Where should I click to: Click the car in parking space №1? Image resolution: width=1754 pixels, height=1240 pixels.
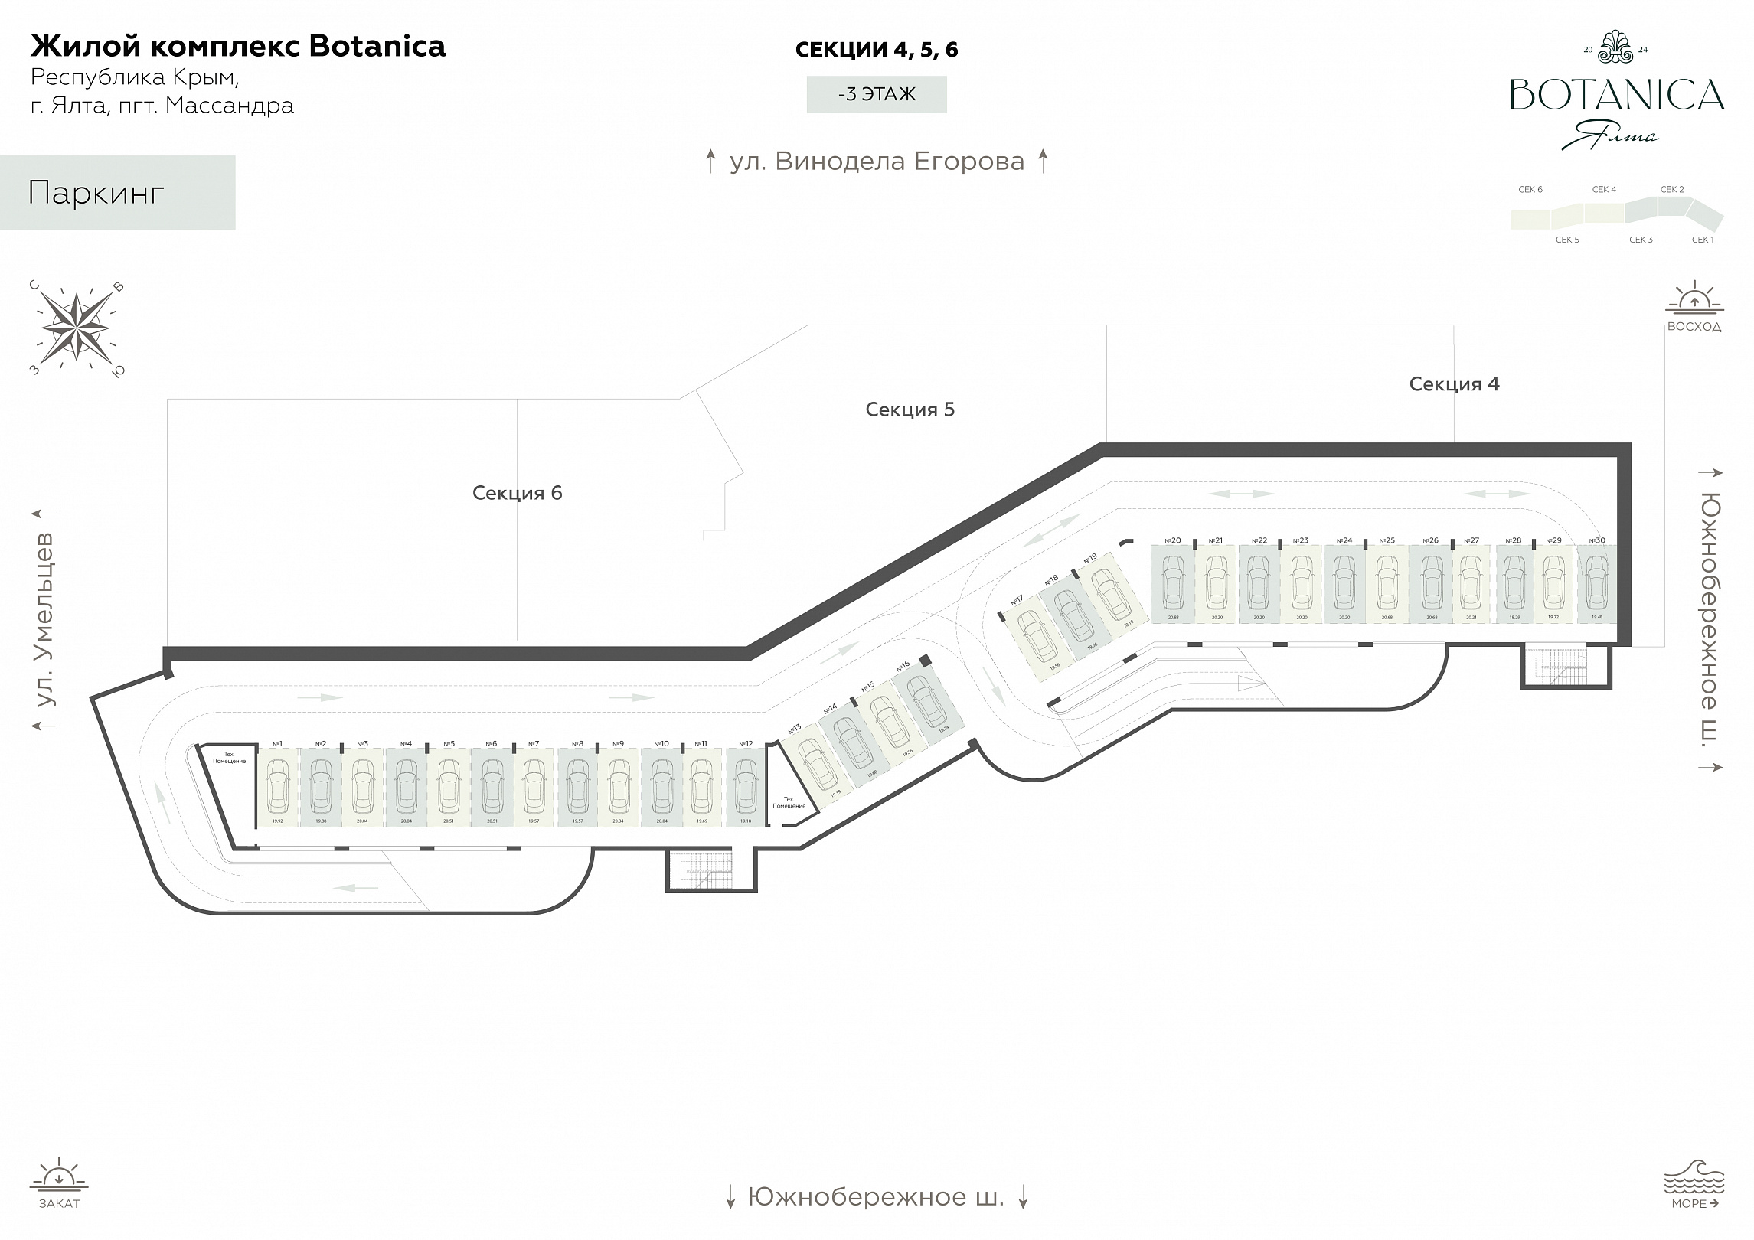coord(277,788)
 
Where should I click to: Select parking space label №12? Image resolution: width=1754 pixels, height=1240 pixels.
coord(746,744)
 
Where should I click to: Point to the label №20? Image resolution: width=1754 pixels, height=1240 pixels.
coord(1172,540)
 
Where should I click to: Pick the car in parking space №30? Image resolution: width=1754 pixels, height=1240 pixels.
coord(1596,581)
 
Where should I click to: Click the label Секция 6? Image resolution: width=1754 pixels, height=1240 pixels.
coord(517,493)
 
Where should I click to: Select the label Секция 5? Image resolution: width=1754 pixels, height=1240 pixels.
coord(910,410)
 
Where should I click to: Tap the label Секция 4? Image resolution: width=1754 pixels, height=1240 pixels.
coord(1454,384)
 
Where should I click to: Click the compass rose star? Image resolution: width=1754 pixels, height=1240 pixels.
coord(76,328)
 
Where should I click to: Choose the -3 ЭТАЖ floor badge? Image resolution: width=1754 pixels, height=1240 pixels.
coord(877,94)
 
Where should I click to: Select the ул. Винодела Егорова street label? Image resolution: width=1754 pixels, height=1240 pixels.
coord(877,162)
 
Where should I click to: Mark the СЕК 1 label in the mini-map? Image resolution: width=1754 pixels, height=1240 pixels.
coord(1703,240)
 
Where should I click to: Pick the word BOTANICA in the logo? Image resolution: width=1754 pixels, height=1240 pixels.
coord(1617,95)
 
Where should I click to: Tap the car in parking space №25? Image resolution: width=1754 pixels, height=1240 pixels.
coord(1387,581)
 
